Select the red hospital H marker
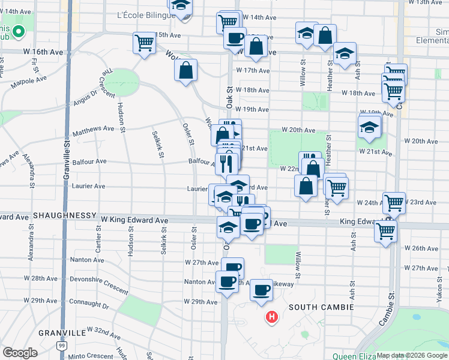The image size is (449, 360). (272, 316)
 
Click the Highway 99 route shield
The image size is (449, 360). (62, 346)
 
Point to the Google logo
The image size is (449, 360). (20, 353)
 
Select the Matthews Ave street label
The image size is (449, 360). (92, 129)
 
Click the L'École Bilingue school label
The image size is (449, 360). (143, 14)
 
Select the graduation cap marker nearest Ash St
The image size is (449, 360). (345, 53)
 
